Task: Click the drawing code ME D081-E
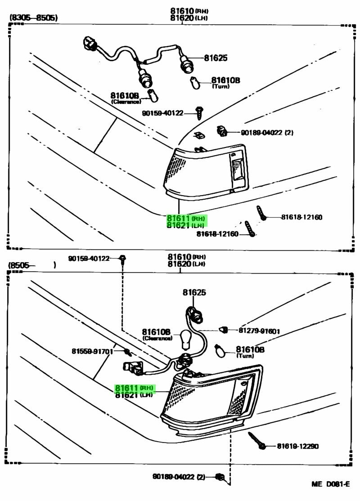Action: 331,484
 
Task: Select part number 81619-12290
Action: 297,446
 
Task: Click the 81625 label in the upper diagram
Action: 216,58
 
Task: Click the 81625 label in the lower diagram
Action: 194,292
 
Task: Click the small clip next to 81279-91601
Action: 222,330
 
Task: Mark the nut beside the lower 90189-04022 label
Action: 220,476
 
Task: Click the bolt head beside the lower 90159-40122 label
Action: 123,258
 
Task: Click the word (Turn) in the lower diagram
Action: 245,356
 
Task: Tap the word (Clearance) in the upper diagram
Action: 126,102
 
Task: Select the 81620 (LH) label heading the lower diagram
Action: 184,264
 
